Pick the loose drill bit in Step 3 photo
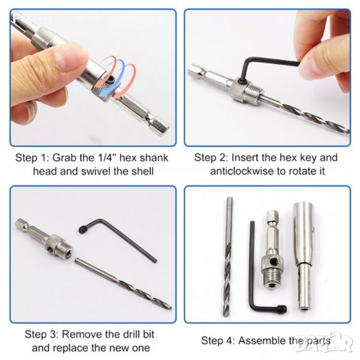point(124,284)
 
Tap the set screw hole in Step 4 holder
point(273,261)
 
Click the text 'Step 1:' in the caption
point(32,158)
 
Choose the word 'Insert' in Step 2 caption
point(245,158)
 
